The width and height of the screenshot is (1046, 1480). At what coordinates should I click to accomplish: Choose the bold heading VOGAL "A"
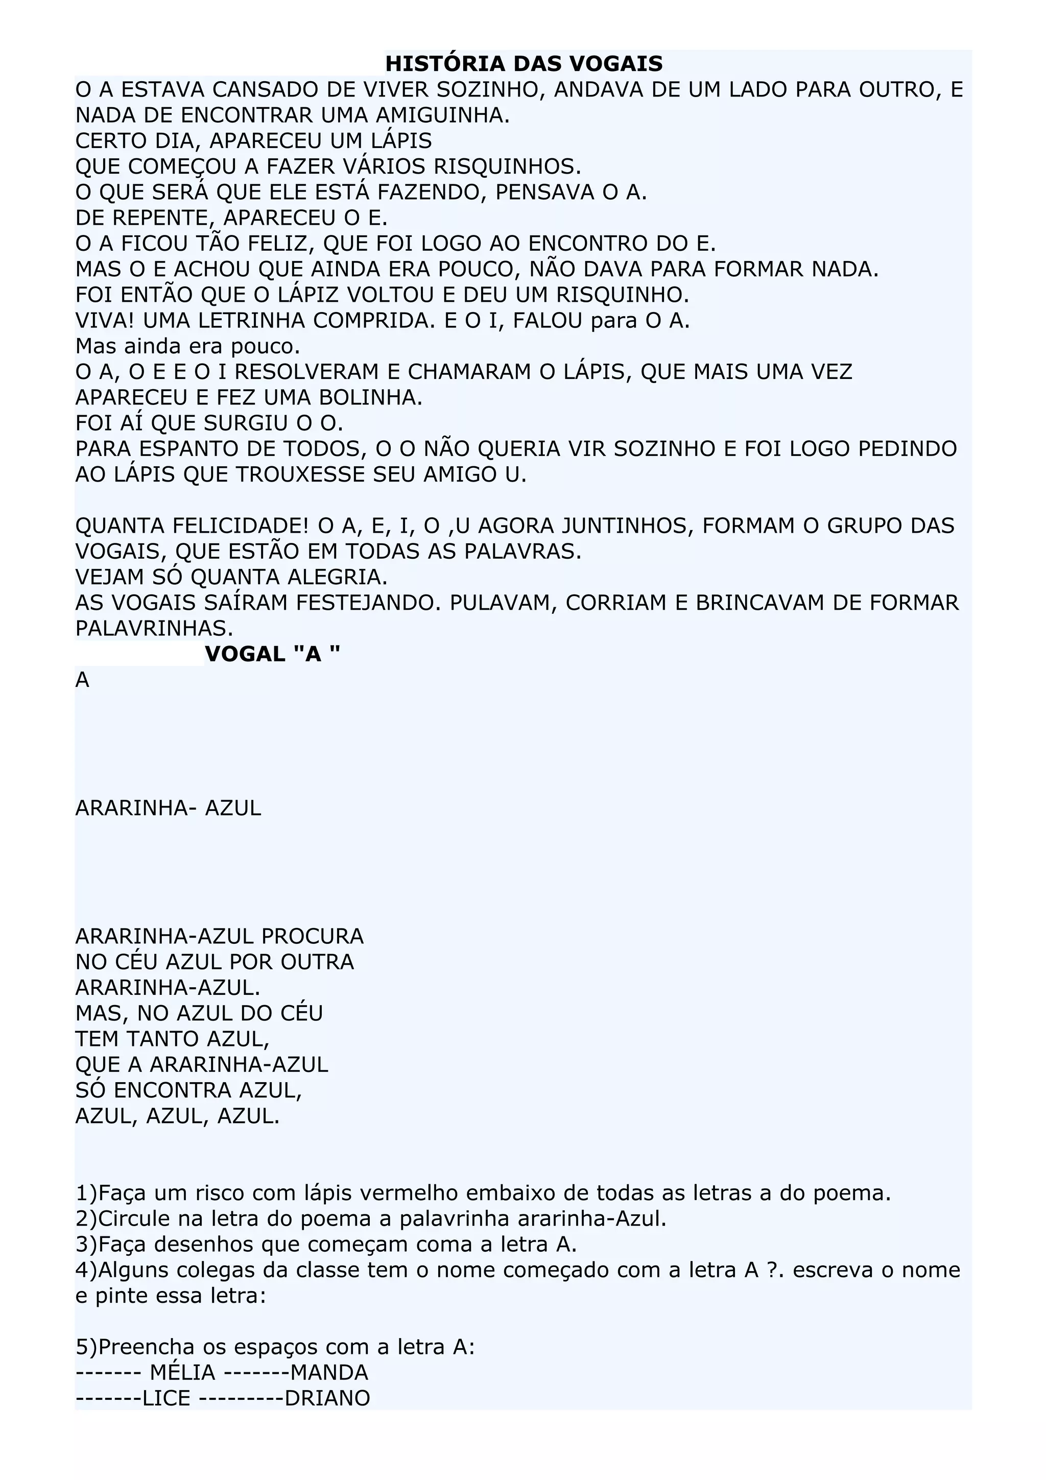pos(272,654)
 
